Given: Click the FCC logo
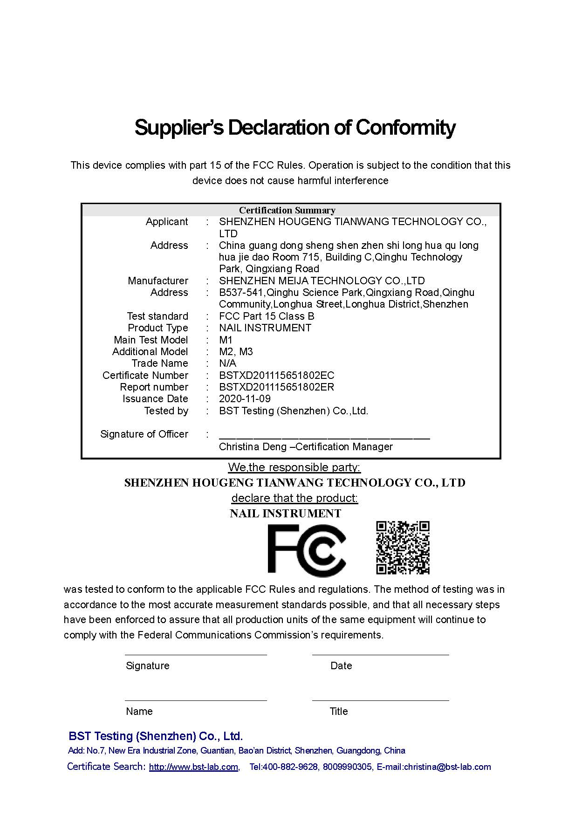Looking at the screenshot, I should tap(306, 549).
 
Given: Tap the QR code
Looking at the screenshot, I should tap(403, 548).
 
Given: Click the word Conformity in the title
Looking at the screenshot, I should tap(405, 127).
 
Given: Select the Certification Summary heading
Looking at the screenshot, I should tap(287, 210).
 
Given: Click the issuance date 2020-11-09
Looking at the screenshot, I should tap(245, 399).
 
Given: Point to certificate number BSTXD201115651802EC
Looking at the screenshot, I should tap(276, 376).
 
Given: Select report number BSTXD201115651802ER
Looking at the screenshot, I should tap(276, 387).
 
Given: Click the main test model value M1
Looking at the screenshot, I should tap(226, 340).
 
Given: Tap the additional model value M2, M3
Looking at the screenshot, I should tap(236, 352).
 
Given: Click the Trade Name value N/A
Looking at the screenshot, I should tap(227, 363).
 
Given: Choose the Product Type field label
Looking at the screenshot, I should tap(157, 328).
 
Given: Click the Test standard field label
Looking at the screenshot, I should tap(157, 316).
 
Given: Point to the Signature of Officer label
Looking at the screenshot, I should tap(144, 434).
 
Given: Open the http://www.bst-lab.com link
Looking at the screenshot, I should tap(193, 767).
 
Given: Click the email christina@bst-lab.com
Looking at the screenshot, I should tap(447, 767).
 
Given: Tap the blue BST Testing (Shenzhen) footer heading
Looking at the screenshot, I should tap(156, 736).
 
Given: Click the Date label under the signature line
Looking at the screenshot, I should tap(341, 666).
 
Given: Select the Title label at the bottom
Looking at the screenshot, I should tap(339, 712).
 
